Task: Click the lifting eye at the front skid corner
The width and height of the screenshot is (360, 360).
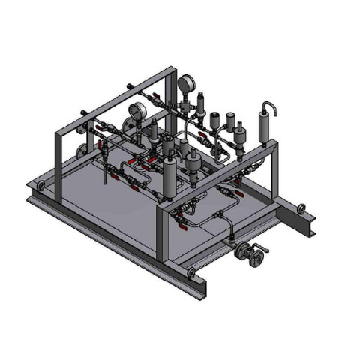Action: [192, 271]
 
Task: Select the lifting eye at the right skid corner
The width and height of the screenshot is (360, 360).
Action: [301, 208]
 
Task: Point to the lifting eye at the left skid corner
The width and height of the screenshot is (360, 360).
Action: [41, 185]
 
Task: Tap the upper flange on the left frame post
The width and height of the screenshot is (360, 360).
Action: [80, 135]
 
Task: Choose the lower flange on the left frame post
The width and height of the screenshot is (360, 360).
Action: [80, 156]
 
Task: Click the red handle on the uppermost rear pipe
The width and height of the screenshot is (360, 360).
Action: [156, 95]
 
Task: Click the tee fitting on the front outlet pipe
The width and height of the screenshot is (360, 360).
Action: [218, 218]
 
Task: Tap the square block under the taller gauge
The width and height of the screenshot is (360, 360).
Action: [185, 109]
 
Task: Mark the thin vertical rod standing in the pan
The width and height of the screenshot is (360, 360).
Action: [104, 172]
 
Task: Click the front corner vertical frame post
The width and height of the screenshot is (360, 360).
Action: [160, 232]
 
